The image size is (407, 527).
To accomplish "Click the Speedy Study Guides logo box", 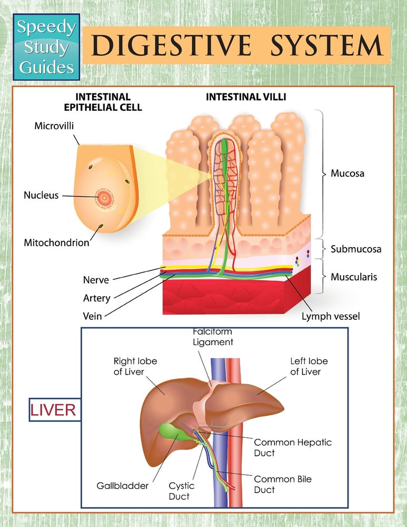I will point(46,47).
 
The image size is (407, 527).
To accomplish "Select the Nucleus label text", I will point(41,196).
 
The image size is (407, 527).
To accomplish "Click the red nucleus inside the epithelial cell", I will point(104,198).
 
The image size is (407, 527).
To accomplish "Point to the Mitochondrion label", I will point(56,243).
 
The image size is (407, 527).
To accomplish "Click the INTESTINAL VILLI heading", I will point(246,97).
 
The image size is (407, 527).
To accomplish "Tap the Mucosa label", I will point(348,173).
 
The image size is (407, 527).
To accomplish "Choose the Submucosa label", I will point(356,249).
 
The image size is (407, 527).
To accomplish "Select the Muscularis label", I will point(354,277).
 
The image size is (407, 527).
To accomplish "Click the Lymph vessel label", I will point(331,317).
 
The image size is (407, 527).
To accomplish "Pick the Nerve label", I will point(96,279).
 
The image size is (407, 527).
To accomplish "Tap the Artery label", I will point(97,298).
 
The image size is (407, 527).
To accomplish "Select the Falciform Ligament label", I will point(212,337).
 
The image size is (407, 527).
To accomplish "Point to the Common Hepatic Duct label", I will point(293,447).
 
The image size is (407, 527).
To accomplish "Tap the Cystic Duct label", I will point(179,491).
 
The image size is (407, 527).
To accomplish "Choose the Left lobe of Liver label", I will point(309,366).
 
